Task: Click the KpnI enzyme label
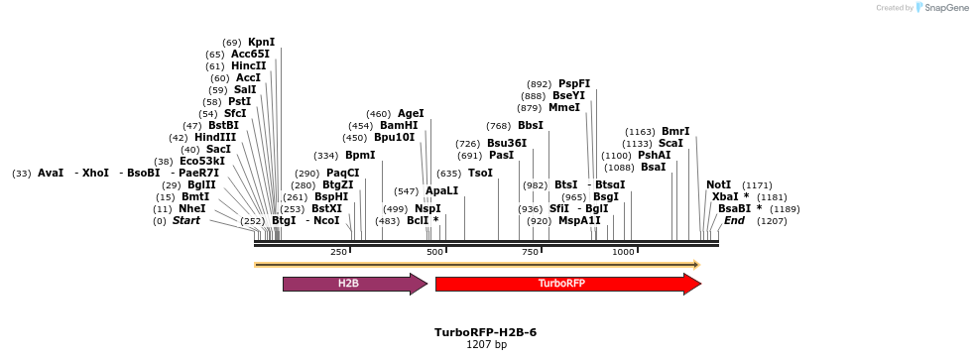pyautogui.click(x=262, y=42)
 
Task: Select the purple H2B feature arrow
pyautogui.click(x=353, y=284)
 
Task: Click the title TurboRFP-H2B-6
pyautogui.click(x=486, y=332)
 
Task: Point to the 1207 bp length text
pyautogui.click(x=486, y=345)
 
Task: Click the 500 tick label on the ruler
pyautogui.click(x=434, y=253)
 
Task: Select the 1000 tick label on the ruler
pyautogui.click(x=623, y=253)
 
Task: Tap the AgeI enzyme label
pyautogui.click(x=411, y=113)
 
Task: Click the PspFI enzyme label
pyautogui.click(x=574, y=83)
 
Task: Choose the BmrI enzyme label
pyautogui.click(x=675, y=131)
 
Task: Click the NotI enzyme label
pyautogui.click(x=718, y=184)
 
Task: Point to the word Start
pyautogui.click(x=186, y=220)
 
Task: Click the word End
pyautogui.click(x=734, y=220)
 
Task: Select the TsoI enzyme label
pyautogui.click(x=480, y=173)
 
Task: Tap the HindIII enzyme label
pyautogui.click(x=215, y=137)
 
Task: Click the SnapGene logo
pyautogui.click(x=941, y=8)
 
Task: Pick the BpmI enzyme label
pyautogui.click(x=360, y=155)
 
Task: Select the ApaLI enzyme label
pyautogui.click(x=442, y=190)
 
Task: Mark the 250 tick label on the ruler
pyautogui.click(x=338, y=253)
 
